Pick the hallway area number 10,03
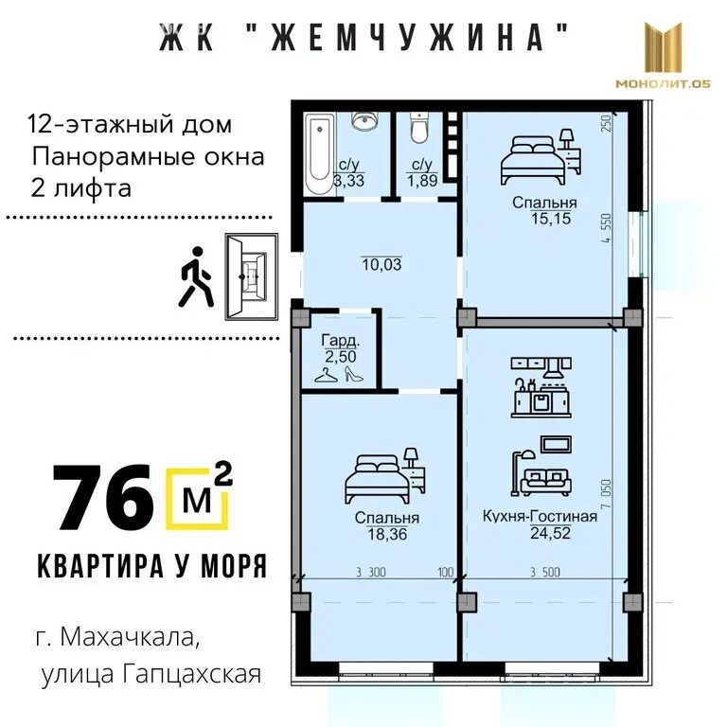[x=381, y=264]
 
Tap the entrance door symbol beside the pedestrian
[x=250, y=277]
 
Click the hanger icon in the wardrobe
[x=326, y=374]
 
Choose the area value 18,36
[x=386, y=534]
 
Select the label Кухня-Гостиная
[x=540, y=516]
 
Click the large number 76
[x=102, y=496]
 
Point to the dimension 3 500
[x=546, y=572]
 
